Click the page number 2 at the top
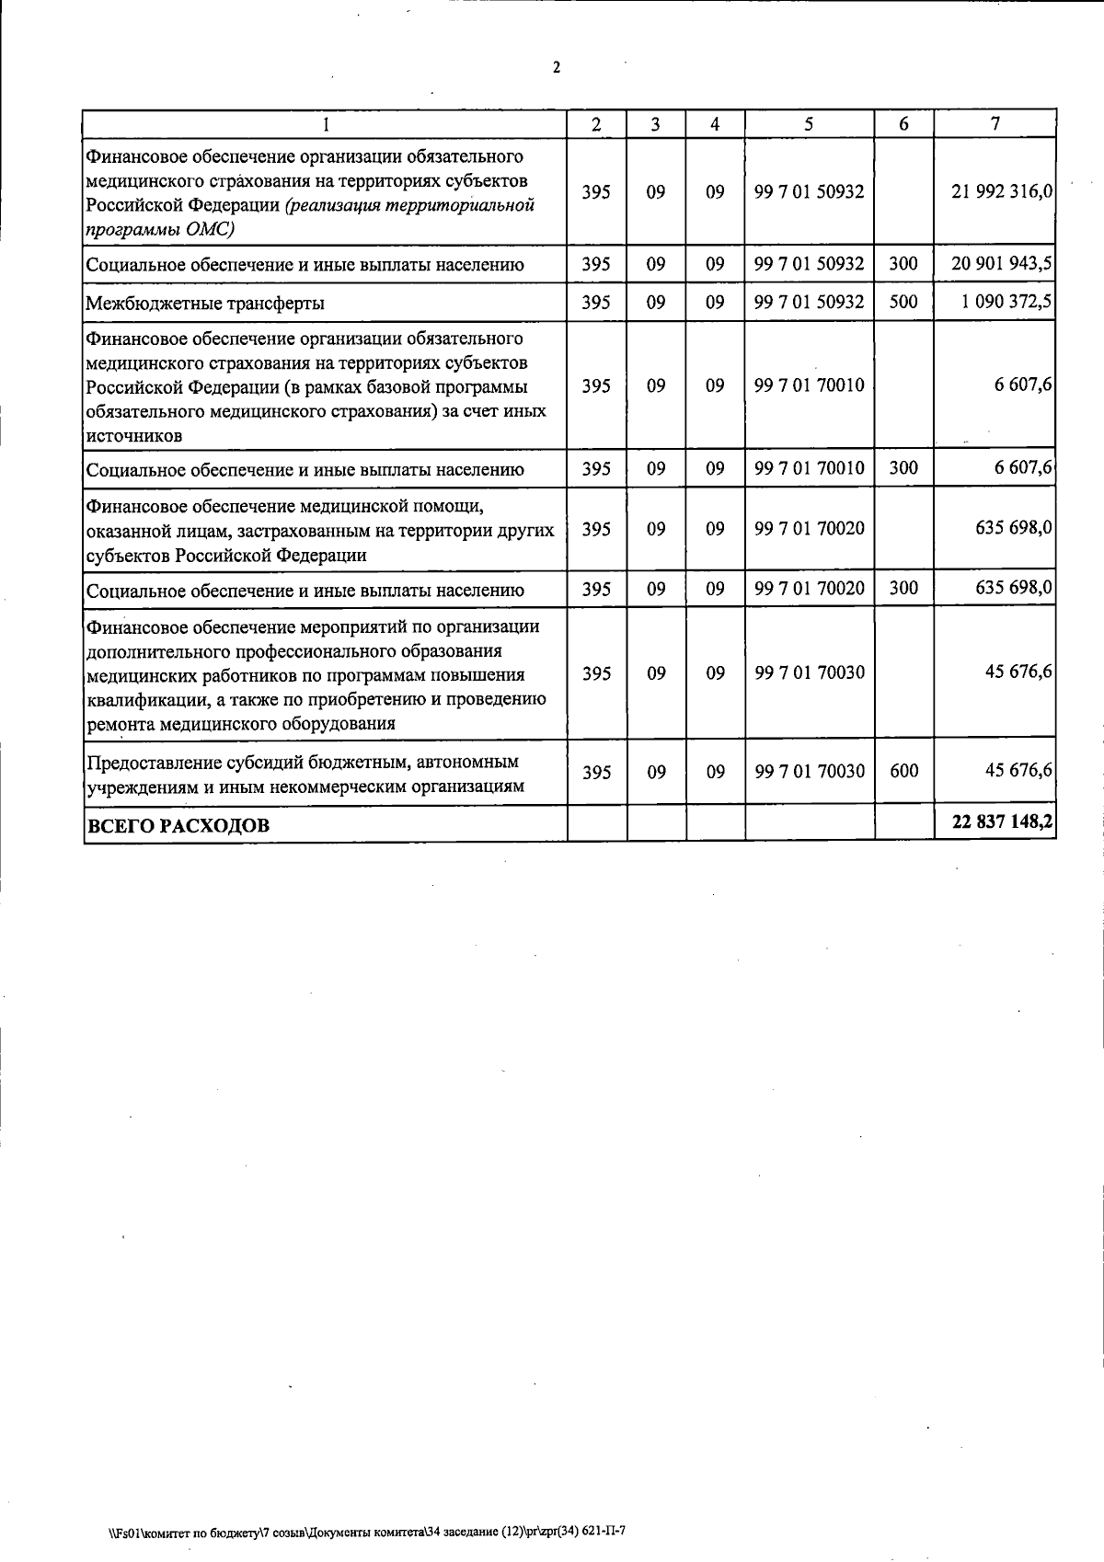click(x=556, y=68)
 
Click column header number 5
click(x=808, y=124)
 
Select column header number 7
click(x=995, y=124)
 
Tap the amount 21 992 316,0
click(x=1002, y=192)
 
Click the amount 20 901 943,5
click(x=1002, y=264)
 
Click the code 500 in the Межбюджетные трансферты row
click(x=903, y=302)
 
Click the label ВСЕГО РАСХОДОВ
click(x=178, y=825)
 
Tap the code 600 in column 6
click(x=903, y=771)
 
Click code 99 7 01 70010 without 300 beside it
click(x=809, y=385)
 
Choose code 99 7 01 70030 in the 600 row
click(x=809, y=771)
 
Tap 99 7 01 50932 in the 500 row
click(x=809, y=302)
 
